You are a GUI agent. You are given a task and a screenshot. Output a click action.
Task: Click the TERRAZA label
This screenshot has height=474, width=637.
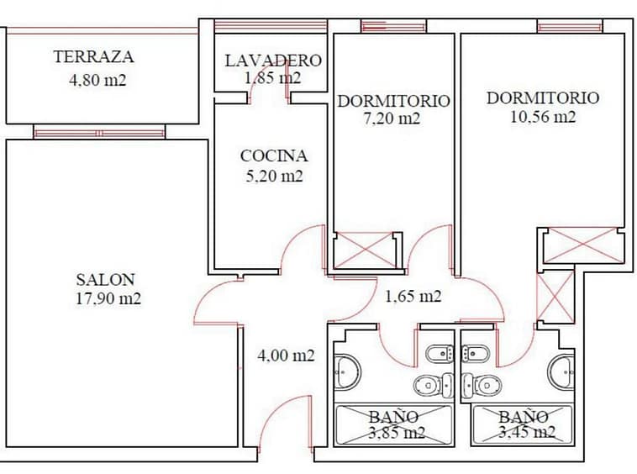pyautogui.click(x=93, y=56)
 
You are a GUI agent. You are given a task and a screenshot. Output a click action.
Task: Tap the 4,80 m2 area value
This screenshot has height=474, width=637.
pyautogui.click(x=97, y=80)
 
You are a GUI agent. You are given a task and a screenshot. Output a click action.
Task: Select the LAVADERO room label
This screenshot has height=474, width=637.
pyautogui.click(x=273, y=61)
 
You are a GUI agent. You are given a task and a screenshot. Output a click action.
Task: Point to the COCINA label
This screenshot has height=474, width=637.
pyautogui.click(x=274, y=155)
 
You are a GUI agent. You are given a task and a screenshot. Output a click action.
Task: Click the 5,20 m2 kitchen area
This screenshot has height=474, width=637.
pyautogui.click(x=274, y=176)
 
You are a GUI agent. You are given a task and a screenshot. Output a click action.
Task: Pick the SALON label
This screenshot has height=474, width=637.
pyautogui.click(x=105, y=280)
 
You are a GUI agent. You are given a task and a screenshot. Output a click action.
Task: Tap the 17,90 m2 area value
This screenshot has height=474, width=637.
pyautogui.click(x=108, y=298)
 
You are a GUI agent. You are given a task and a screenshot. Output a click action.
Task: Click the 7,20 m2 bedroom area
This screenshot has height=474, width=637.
pyautogui.click(x=392, y=118)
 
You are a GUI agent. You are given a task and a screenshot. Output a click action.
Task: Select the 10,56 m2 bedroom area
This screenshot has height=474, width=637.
pyautogui.click(x=543, y=117)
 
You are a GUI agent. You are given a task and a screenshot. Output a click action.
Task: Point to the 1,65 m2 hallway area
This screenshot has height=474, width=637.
pyautogui.click(x=413, y=296)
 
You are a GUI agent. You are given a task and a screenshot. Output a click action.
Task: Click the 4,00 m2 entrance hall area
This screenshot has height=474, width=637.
pyautogui.click(x=286, y=355)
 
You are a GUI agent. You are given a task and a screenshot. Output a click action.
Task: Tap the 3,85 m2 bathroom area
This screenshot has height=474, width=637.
pyautogui.click(x=397, y=433)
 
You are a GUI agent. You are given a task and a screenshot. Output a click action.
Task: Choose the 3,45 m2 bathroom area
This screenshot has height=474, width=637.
pyautogui.click(x=527, y=432)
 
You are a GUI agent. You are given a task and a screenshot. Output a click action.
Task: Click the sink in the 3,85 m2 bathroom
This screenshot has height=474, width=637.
pyautogui.click(x=347, y=371)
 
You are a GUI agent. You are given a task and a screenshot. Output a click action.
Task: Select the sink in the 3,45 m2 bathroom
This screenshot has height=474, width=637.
pyautogui.click(x=561, y=371)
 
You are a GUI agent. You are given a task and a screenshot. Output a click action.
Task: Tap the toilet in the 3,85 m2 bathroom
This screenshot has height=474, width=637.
pyautogui.click(x=434, y=385)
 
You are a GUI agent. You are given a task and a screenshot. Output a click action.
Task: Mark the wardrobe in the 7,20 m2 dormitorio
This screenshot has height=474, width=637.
pyautogui.click(x=365, y=250)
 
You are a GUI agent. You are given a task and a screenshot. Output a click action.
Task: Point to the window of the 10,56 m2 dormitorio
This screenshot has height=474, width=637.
pyautogui.click(x=570, y=27)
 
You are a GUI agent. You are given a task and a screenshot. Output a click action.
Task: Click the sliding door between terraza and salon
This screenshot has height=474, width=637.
pyautogui.click(x=99, y=133)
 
